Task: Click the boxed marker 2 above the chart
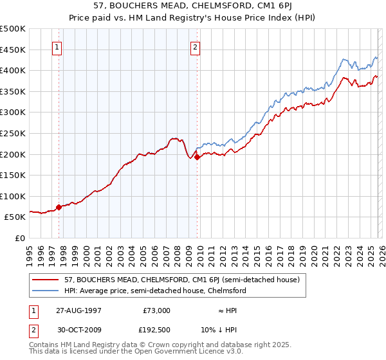click(195, 46)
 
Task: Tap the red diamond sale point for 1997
click(59, 207)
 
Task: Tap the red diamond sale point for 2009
click(197, 157)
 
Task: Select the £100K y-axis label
click(13, 196)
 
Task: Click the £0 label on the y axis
click(19, 238)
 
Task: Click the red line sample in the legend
click(46, 280)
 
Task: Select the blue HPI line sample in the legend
click(46, 291)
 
